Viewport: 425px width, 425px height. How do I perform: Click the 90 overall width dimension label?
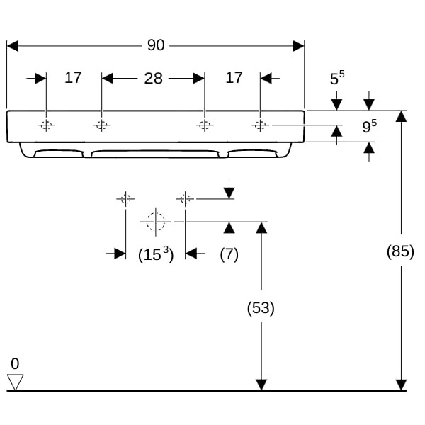[156, 45]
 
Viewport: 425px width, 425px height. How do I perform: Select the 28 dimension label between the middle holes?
[153, 78]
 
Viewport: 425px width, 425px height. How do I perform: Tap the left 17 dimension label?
[73, 77]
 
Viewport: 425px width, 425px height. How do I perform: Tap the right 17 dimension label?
[234, 77]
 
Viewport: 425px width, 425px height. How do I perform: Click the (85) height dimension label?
[400, 251]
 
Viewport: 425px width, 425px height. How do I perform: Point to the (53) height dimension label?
[260, 308]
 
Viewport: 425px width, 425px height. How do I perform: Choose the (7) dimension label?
[229, 255]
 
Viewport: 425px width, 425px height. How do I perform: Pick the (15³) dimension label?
[155, 255]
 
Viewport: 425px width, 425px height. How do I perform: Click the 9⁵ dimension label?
[368, 127]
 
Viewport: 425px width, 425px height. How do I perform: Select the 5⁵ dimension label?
[336, 78]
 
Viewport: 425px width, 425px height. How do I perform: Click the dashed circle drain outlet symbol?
[154, 222]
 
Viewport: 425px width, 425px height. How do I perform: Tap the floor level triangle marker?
[16, 382]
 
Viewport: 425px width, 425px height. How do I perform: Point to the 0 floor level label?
[15, 364]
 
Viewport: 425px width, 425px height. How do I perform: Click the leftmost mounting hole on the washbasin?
[46, 126]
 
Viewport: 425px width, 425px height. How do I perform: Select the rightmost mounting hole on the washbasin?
[260, 126]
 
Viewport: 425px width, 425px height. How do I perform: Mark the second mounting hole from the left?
[102, 126]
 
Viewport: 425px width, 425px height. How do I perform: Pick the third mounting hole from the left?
[204, 126]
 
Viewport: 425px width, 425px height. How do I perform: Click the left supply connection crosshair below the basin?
[125, 199]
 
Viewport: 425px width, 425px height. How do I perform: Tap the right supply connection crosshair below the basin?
[185, 199]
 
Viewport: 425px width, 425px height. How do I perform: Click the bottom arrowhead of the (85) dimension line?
[402, 385]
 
